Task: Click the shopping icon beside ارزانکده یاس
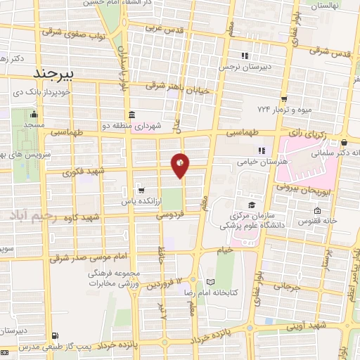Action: coord(142,190)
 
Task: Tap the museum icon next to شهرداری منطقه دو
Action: coord(131,115)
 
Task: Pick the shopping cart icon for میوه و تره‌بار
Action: coord(284,99)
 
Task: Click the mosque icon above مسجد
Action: coord(34,115)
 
